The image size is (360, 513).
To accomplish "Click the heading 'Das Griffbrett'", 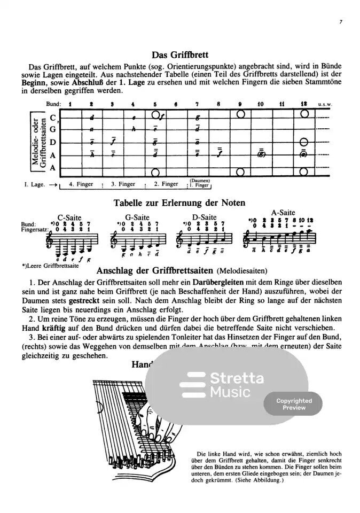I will click(180, 55).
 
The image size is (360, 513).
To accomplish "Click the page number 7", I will click(340, 22).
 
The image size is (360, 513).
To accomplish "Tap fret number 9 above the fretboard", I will click(240, 104).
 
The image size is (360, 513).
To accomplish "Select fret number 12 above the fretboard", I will click(304, 104).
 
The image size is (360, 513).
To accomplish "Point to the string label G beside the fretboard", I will click(53, 129).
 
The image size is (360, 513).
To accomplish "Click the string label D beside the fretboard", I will click(53, 142).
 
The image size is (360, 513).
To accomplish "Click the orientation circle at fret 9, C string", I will click(240, 115).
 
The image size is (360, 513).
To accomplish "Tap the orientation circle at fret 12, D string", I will click(304, 142).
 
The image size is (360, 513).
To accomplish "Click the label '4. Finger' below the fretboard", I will click(82, 184).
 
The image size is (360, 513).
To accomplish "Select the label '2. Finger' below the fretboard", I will click(166, 184).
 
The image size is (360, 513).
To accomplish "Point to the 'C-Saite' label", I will click(69, 217).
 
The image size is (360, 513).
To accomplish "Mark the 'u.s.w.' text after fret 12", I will click(324, 104).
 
